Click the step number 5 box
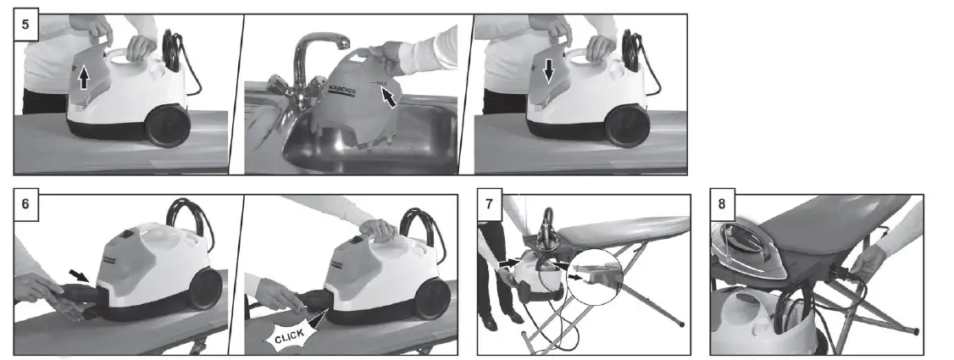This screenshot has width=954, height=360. [x=26, y=26]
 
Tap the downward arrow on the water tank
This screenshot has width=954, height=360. [x=548, y=75]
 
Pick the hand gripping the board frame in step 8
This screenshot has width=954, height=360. [x=867, y=259]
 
